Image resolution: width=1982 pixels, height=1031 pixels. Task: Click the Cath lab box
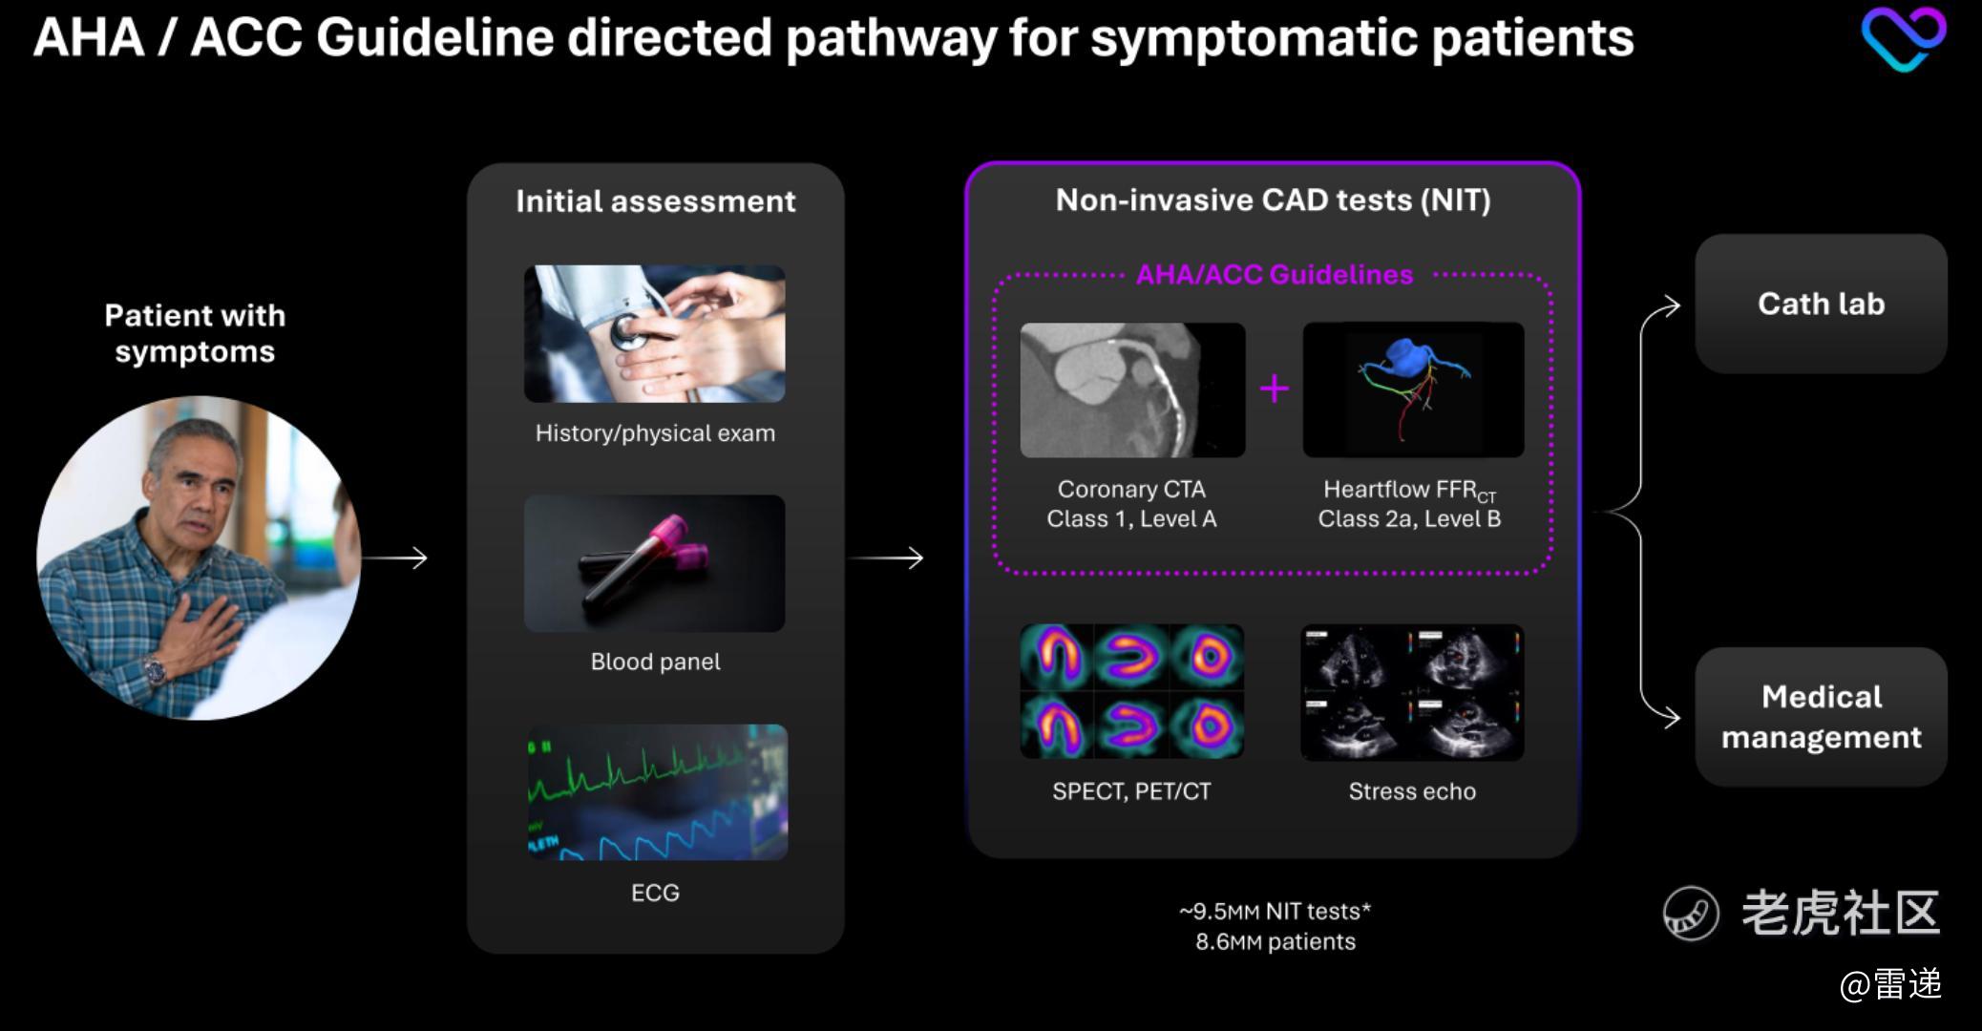(1821, 304)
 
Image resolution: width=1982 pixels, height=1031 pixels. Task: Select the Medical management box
(1821, 717)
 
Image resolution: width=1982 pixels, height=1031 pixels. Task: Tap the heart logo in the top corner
(1903, 38)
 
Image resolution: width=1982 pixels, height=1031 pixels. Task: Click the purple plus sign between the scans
(1275, 389)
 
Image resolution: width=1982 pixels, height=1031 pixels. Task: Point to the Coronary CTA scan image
(1132, 389)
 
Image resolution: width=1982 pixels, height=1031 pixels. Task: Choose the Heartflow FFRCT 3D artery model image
(1413, 389)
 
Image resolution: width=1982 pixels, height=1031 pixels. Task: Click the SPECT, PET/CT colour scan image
(1131, 691)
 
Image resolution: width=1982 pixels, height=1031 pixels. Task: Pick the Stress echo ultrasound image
(1412, 692)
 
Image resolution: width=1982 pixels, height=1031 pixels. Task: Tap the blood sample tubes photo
(655, 563)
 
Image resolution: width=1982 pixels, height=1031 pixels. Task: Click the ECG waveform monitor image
(658, 792)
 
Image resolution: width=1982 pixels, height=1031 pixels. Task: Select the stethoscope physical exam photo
(655, 333)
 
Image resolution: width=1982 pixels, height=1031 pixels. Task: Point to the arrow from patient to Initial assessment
(394, 558)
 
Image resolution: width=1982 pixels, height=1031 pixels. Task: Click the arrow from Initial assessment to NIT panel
(886, 558)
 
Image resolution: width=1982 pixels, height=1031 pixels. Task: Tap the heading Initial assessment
(656, 201)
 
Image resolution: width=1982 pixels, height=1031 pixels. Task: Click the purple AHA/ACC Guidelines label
(1275, 275)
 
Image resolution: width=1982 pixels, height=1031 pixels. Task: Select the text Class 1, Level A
(1131, 519)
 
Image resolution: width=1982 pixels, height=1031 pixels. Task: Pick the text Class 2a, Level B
(1409, 519)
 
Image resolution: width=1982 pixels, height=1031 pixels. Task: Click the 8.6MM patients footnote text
(1276, 942)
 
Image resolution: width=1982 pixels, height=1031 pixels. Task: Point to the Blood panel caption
(656, 662)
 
